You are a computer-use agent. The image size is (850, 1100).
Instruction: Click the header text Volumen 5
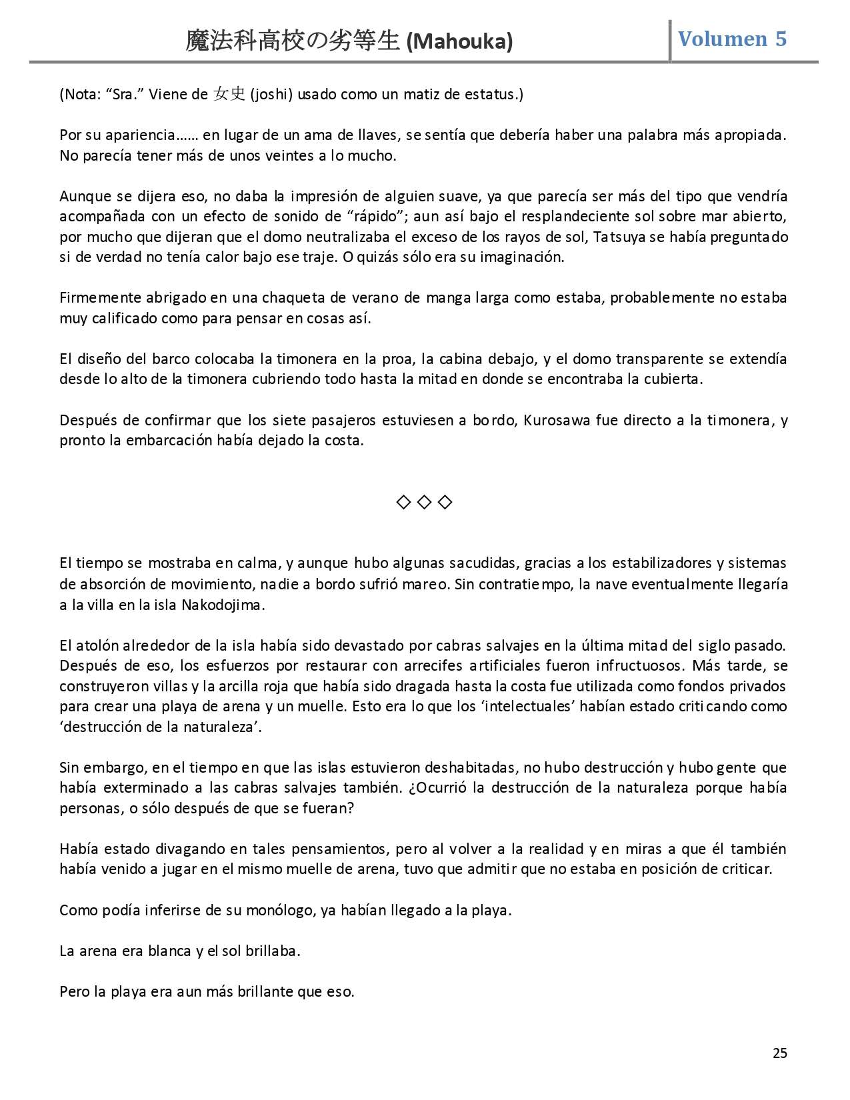732,39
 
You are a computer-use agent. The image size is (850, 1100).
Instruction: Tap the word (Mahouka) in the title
459,42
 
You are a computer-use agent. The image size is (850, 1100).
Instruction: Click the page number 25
779,1053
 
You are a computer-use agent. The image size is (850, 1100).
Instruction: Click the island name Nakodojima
224,605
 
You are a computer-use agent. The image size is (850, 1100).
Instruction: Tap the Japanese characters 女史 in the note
229,94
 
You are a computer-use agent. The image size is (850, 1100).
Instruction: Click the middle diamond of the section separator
424,502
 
